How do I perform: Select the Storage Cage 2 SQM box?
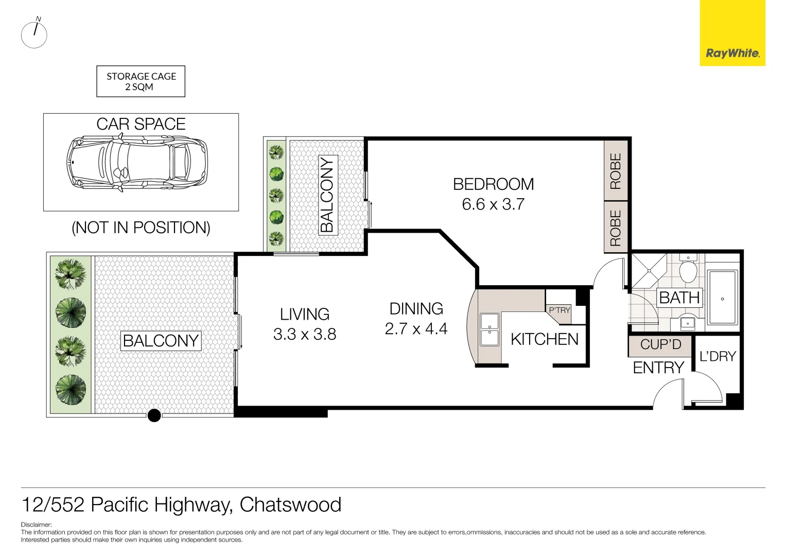[141, 81]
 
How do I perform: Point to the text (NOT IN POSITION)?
[141, 228]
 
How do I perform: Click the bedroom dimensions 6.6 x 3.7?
[493, 204]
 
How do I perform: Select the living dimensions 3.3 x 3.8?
[304, 334]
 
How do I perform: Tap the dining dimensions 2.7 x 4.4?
[416, 328]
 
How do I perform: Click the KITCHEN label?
[544, 339]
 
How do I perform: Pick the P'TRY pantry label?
[559, 310]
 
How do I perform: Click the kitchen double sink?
[489, 329]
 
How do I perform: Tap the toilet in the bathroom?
[688, 269]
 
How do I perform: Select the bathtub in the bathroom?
[722, 298]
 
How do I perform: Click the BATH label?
[679, 298]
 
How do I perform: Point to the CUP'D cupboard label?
[660, 344]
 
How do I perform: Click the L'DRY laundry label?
[718, 356]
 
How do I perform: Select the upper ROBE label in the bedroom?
[616, 171]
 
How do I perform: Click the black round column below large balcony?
[154, 415]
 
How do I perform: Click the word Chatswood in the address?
[290, 505]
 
